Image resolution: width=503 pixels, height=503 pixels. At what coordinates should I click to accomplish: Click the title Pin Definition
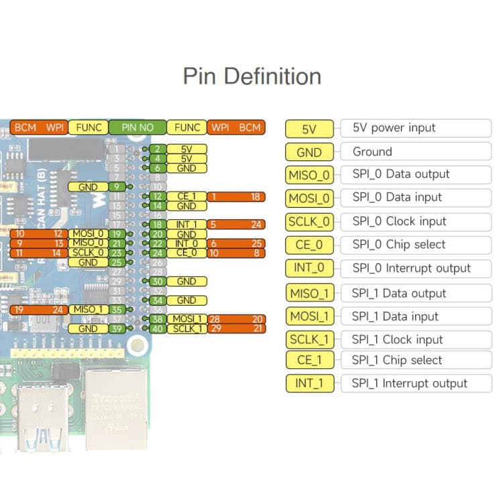pos(251,76)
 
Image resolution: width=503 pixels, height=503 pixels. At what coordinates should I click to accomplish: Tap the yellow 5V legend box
pos(309,129)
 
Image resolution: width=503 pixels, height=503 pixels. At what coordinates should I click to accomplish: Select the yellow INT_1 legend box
pos(309,384)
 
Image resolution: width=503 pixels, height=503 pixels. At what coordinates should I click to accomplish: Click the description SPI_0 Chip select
pos(398,245)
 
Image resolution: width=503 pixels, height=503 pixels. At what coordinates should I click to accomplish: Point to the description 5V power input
pos(394,128)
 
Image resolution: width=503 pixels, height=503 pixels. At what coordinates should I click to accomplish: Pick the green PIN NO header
pos(137,127)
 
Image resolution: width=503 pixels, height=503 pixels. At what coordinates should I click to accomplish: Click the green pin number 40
pos(157,329)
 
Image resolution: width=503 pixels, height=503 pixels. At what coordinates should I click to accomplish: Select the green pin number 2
pos(157,149)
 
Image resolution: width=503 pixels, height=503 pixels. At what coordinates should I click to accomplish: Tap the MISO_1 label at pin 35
pos(89,310)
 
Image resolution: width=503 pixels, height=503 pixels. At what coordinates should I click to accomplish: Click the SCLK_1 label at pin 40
pos(186,329)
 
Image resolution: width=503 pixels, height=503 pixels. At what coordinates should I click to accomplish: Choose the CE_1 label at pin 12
pos(186,197)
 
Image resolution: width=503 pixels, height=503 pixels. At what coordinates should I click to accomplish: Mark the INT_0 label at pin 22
pos(186,243)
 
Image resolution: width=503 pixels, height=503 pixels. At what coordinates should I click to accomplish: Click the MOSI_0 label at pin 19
pos(89,233)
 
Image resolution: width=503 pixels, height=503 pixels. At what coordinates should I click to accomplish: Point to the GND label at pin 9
pos(89,187)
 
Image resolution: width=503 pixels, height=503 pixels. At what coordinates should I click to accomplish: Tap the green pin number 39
pos(117,329)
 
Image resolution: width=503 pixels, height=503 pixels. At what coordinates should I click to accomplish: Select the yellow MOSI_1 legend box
pos(309,316)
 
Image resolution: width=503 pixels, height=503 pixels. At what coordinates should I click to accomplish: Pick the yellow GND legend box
pos(309,152)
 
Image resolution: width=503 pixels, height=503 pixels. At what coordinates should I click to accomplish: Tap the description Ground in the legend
pos(372,152)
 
